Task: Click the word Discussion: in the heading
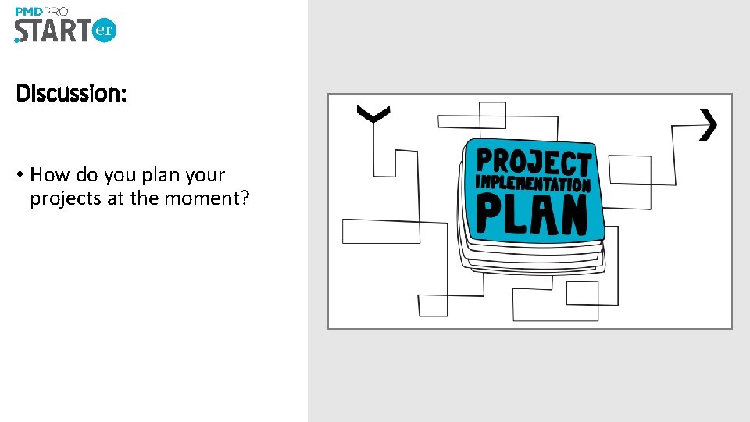71,94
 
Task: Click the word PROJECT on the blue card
534,163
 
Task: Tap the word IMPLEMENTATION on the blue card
534,185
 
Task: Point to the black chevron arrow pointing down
373,114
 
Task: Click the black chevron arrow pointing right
708,124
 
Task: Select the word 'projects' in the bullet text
66,198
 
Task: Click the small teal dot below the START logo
17,40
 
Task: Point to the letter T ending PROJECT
582,165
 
